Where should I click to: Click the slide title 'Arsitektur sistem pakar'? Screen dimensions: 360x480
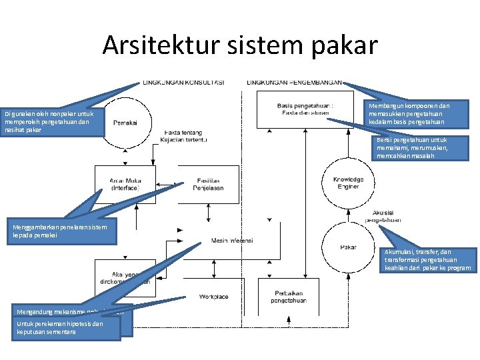tap(240, 45)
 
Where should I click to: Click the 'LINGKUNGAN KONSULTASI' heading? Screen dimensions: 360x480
tap(183, 83)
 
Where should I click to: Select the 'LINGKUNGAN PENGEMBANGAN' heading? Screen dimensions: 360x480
tap(294, 83)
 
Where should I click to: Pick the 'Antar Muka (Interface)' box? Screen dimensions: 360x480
tap(125, 185)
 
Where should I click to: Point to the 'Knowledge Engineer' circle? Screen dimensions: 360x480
tap(348, 183)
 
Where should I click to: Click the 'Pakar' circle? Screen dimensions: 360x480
tap(347, 247)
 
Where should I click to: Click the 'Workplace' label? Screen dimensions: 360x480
tap(213, 297)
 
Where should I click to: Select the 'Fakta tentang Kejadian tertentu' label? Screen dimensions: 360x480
tap(185, 136)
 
